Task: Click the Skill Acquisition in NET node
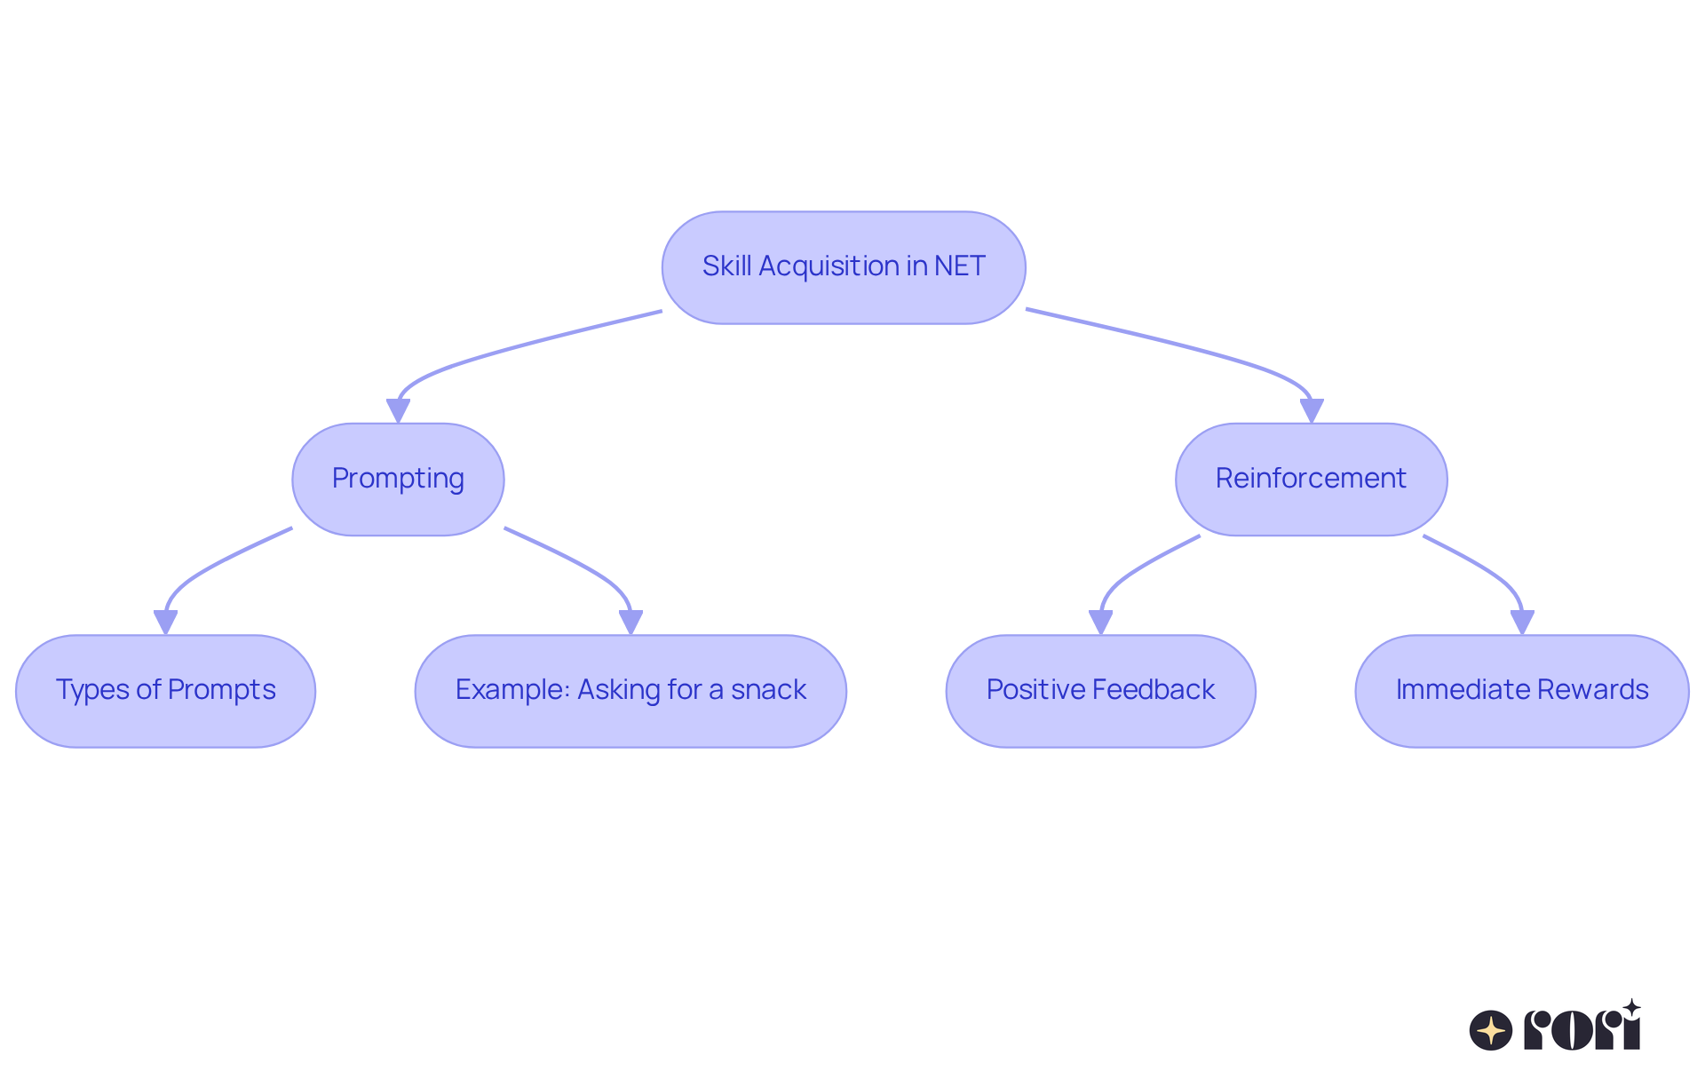(844, 267)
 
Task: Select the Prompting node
(398, 480)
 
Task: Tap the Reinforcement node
(1311, 480)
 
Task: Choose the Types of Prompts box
(165, 691)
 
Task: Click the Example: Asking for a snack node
(630, 691)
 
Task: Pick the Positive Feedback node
(1100, 691)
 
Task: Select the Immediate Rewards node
(1521, 691)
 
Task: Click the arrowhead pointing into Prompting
(398, 411)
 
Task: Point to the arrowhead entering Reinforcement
(1312, 411)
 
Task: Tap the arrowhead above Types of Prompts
(165, 623)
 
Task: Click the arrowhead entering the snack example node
(630, 623)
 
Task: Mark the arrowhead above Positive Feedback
(1100, 623)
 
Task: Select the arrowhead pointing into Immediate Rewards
(1522, 623)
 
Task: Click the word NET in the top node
(959, 266)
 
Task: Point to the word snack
(768, 690)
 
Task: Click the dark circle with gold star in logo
(1491, 1030)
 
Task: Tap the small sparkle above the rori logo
(1631, 1007)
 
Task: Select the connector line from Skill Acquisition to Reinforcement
(1181, 346)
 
